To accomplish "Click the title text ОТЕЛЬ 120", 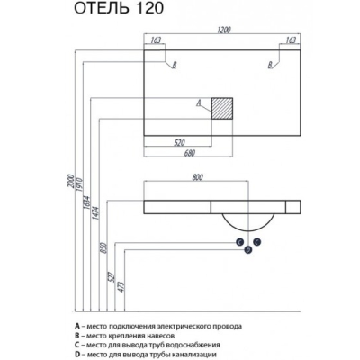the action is [x=119, y=8].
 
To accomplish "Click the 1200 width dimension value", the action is [x=223, y=30].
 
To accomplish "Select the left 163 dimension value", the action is [x=156, y=40].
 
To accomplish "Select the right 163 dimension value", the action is [x=291, y=40].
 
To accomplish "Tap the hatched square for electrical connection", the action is [x=222, y=108].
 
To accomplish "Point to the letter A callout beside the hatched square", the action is [x=198, y=103].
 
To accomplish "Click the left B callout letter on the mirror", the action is [x=175, y=65].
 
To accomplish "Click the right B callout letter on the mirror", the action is [x=270, y=65].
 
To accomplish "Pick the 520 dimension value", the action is [x=179, y=143].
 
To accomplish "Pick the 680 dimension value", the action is [x=190, y=153].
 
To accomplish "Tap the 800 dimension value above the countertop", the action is [x=197, y=177].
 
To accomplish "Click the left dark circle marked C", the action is [x=239, y=242].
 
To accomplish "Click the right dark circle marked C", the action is [x=256, y=242].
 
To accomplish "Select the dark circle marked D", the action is [x=248, y=249].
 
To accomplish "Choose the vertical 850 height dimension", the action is [x=104, y=247].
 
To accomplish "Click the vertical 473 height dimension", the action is [x=121, y=287].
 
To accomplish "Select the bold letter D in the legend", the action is [x=77, y=355].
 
